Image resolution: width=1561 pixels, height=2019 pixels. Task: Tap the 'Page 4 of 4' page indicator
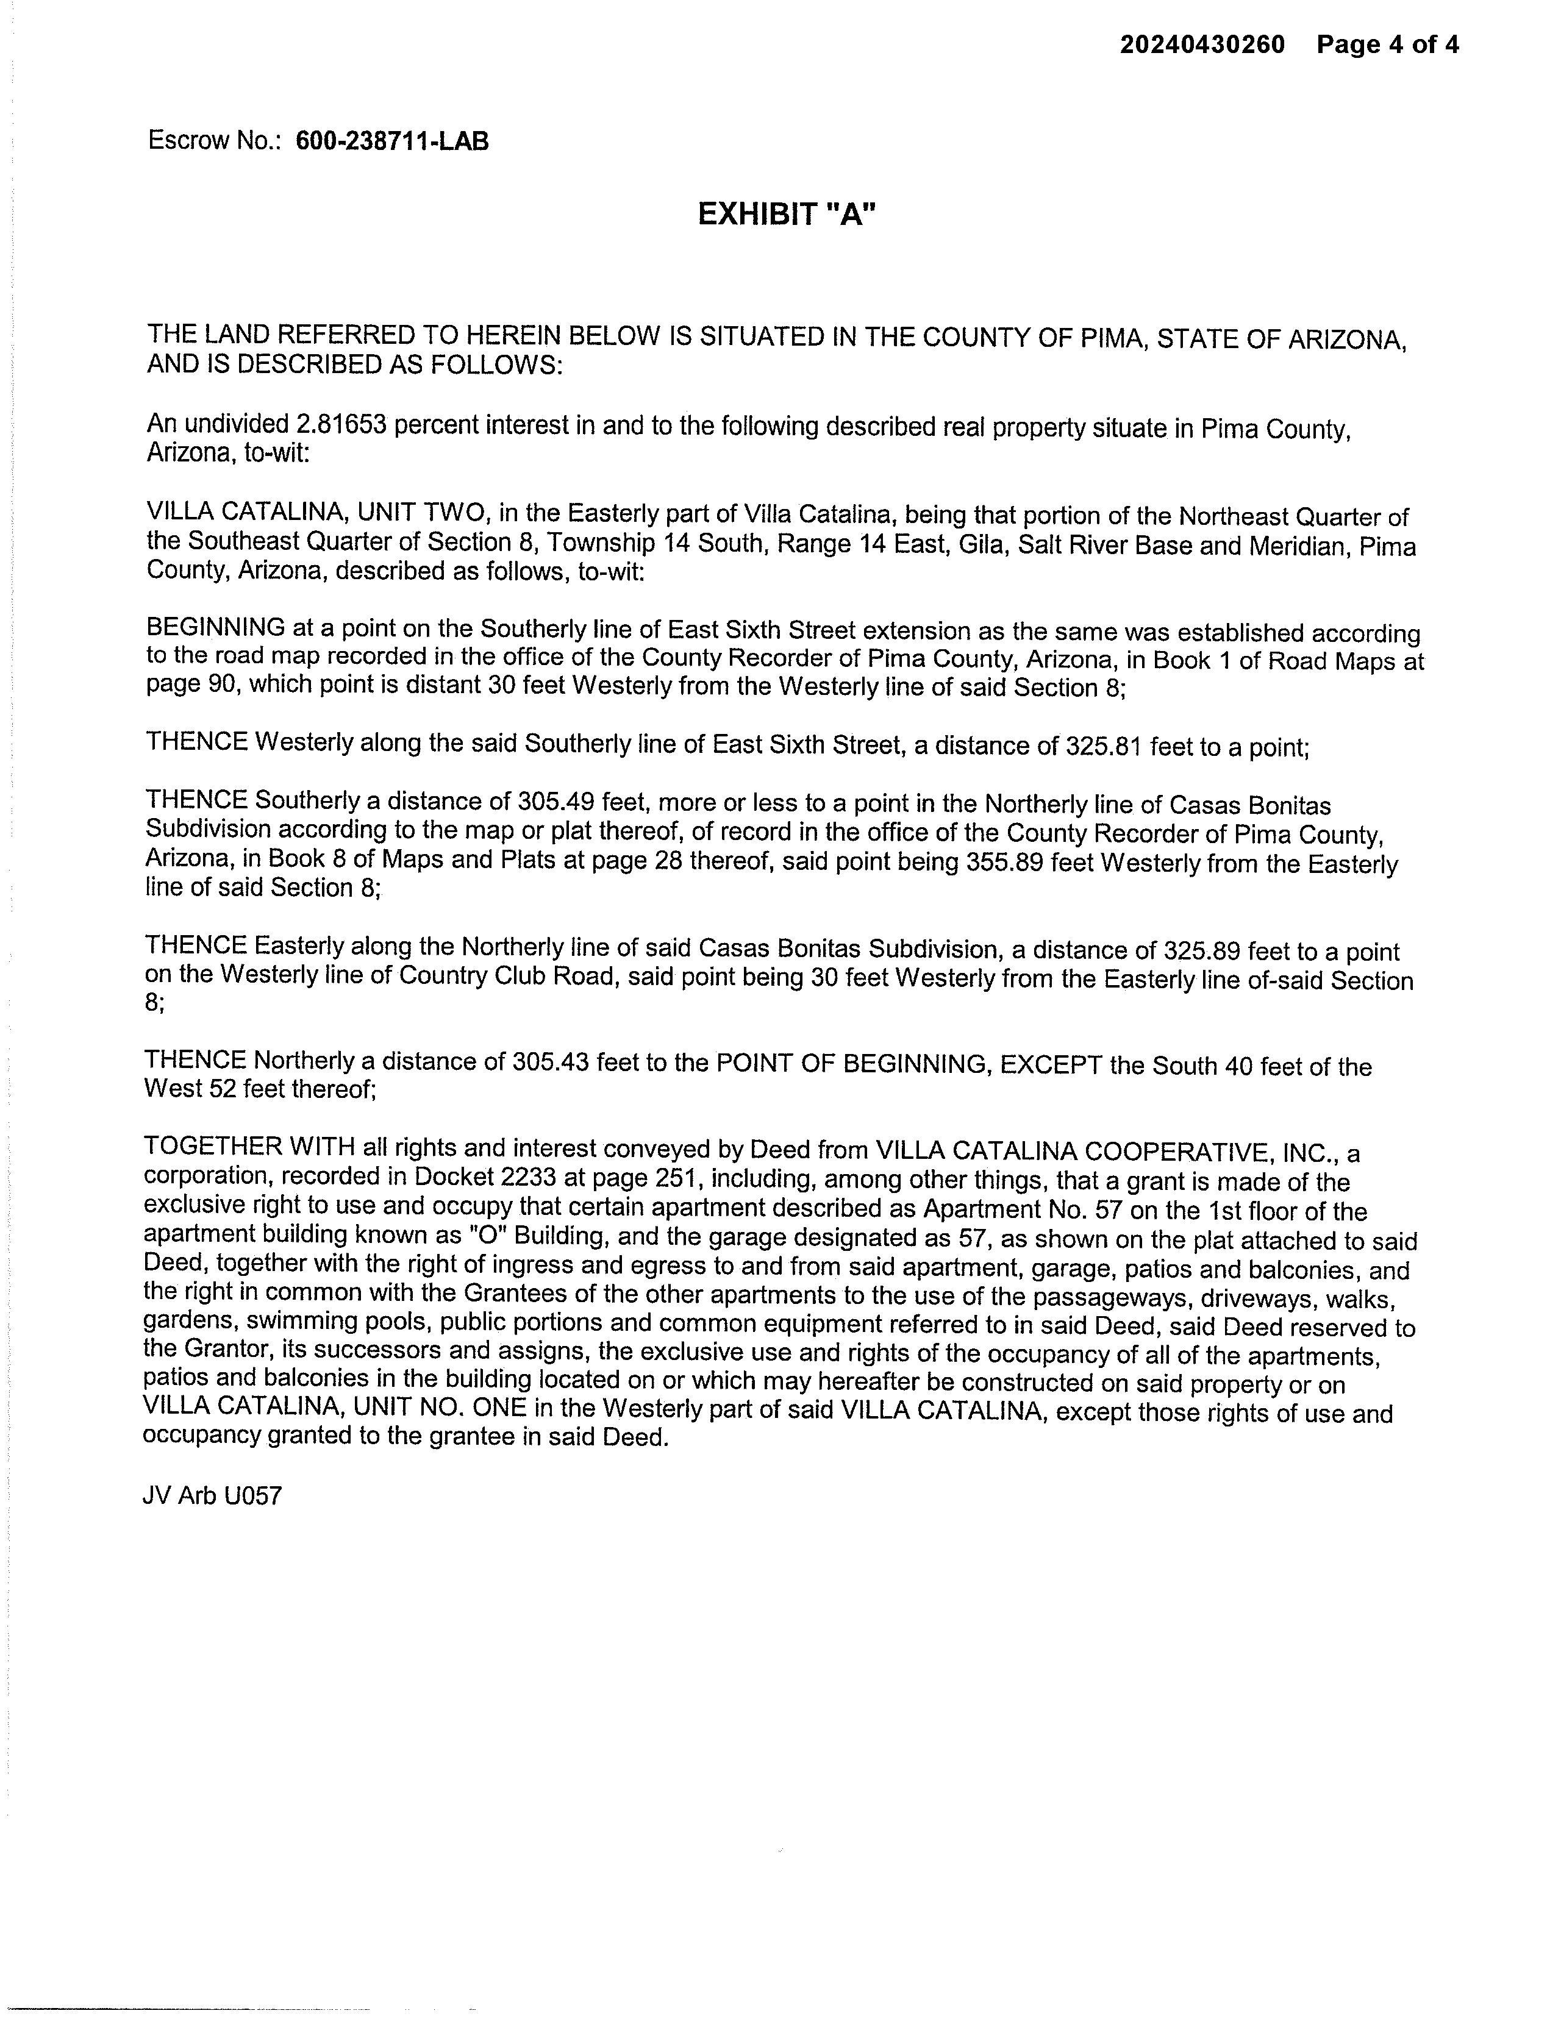(1387, 45)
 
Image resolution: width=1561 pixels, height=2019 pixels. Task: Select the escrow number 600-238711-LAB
(392, 141)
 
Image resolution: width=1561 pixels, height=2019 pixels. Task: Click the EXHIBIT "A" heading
(786, 215)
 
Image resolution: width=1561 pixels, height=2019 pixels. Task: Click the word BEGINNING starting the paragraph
(215, 628)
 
